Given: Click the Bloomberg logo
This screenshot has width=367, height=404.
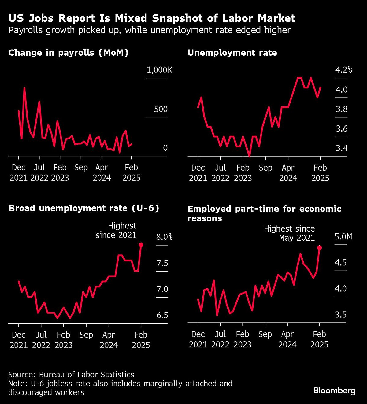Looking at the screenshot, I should point(334,391).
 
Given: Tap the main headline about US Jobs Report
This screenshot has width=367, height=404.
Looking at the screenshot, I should point(152,18).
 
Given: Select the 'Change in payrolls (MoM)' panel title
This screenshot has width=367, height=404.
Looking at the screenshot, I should point(69,53).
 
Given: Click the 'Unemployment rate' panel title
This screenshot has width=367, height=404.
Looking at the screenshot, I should point(232,53).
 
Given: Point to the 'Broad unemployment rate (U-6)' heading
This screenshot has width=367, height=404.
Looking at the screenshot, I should point(84,208).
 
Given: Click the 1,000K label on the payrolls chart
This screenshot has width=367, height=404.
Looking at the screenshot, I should point(159,70).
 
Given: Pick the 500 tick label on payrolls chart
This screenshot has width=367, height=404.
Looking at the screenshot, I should point(161,109).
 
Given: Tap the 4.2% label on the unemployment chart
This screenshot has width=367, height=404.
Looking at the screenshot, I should point(343,70).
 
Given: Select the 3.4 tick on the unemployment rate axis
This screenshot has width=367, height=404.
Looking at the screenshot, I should point(342,148).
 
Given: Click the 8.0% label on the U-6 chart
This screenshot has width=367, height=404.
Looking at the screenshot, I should point(164,237).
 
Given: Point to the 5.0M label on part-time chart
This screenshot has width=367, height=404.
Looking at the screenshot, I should point(343,237).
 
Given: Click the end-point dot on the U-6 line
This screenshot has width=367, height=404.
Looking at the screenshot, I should point(141,245).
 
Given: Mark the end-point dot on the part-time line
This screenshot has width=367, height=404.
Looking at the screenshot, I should point(320,248).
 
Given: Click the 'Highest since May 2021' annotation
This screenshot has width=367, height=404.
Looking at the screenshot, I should point(289,233).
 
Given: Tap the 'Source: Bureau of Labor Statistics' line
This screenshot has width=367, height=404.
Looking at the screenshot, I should point(71,375).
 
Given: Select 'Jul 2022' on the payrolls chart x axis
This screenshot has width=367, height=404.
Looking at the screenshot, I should point(39,172).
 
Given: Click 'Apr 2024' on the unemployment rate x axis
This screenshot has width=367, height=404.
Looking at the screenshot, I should point(288,173).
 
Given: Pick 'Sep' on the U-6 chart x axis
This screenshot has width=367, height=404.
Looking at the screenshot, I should point(86,335).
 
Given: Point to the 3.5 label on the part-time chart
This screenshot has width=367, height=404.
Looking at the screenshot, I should point(341,315).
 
